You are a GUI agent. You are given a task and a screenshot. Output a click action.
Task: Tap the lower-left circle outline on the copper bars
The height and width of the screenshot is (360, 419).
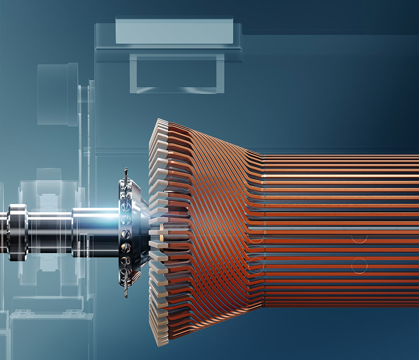point(256,265)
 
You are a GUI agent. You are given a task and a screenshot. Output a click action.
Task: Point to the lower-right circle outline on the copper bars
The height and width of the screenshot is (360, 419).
point(359,265)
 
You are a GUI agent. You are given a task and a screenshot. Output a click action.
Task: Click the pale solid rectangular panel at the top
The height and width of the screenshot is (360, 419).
point(174,31)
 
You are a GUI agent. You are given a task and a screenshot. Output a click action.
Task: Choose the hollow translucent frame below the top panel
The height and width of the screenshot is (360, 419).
point(177,73)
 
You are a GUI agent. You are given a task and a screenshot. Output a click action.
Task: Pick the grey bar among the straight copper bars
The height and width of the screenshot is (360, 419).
point(326,230)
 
